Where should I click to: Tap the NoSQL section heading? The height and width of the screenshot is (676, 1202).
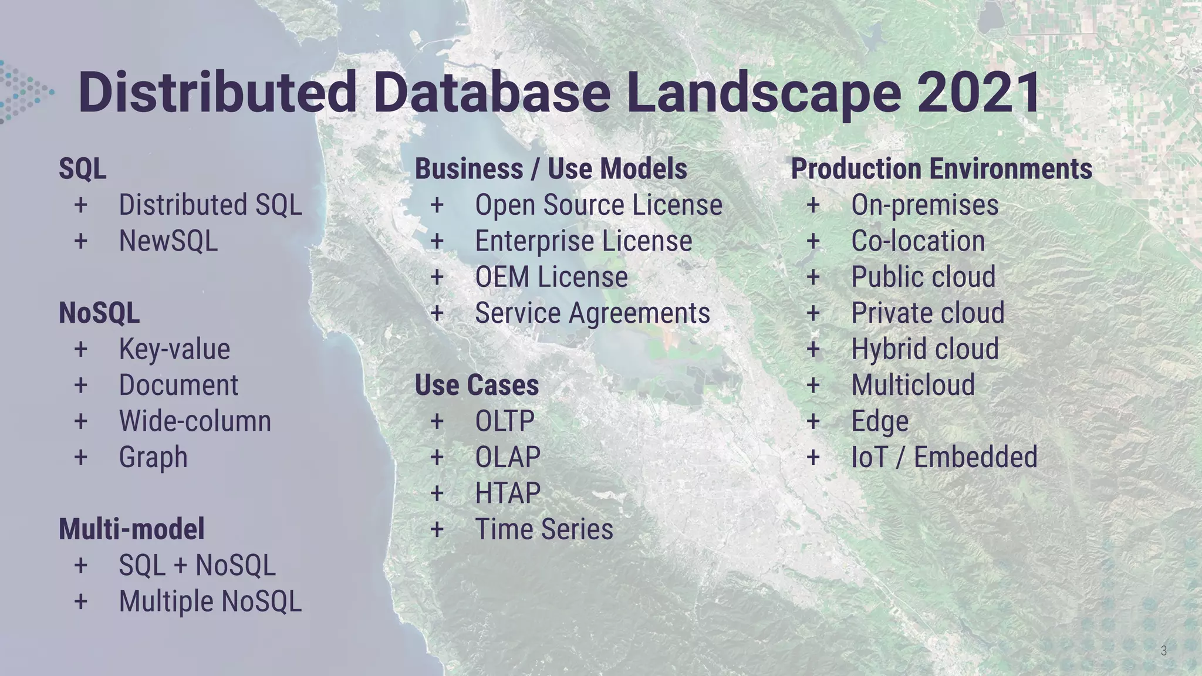tap(99, 313)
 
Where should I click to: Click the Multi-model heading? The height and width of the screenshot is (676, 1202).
tap(131, 529)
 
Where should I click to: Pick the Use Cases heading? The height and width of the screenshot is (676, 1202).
tap(477, 385)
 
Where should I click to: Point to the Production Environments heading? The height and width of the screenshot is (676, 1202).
tap(941, 169)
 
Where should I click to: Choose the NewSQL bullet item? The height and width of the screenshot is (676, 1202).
tap(168, 241)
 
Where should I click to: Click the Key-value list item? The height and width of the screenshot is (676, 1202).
tap(174, 349)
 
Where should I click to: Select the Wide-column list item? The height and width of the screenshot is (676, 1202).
tap(195, 421)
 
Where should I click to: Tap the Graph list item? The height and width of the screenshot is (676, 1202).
tap(153, 457)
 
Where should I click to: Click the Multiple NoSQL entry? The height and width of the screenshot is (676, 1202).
tap(210, 601)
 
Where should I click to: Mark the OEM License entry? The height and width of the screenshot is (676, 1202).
tap(551, 277)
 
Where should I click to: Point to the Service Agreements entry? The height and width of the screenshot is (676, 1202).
tap(592, 313)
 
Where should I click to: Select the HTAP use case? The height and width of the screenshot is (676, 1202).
tap(508, 493)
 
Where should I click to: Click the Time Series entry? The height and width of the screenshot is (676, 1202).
tap(543, 529)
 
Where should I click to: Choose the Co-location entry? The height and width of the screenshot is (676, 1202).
tap(918, 241)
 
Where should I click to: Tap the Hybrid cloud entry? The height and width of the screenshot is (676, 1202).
tap(925, 349)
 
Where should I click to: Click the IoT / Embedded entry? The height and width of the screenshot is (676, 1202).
tap(944, 457)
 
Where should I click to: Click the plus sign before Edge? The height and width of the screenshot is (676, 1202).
tap(813, 421)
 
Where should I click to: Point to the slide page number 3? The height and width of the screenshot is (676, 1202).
tap(1163, 650)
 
